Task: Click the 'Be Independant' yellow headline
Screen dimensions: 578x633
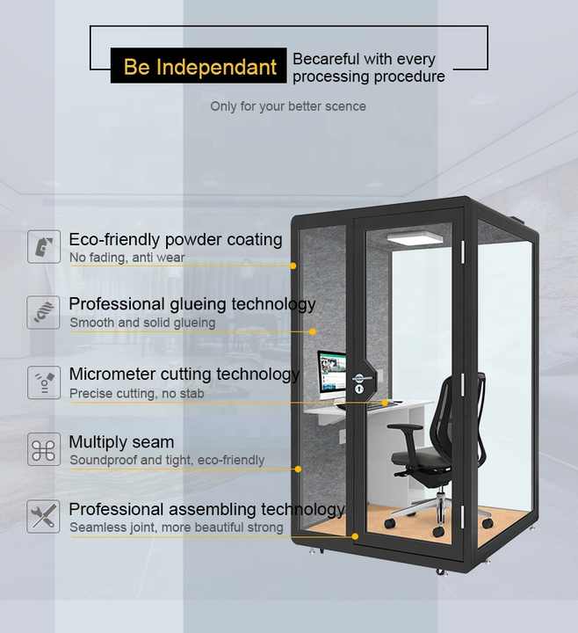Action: pos(199,67)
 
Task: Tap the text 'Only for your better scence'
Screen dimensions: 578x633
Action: pos(287,106)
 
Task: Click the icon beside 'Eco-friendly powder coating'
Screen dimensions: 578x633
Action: pos(44,247)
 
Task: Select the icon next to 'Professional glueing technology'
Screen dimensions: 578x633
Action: pos(44,312)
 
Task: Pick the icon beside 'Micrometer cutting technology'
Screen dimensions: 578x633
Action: pos(44,382)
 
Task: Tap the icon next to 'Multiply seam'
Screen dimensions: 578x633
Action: pos(44,449)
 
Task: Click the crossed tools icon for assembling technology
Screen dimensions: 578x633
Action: pos(44,517)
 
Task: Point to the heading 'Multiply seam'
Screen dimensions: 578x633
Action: pos(121,441)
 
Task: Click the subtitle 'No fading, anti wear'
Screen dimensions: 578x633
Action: pos(126,258)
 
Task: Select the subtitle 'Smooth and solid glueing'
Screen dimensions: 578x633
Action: pos(142,323)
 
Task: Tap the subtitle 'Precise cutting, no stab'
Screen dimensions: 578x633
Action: pos(136,393)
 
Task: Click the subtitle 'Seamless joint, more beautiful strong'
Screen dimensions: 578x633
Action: pos(176,527)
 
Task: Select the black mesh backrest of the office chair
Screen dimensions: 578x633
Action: pos(462,413)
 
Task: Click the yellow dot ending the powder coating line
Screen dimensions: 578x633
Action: pos(293,265)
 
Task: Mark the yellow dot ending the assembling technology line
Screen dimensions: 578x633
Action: pos(355,535)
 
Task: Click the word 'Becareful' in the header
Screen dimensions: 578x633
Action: pos(326,59)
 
